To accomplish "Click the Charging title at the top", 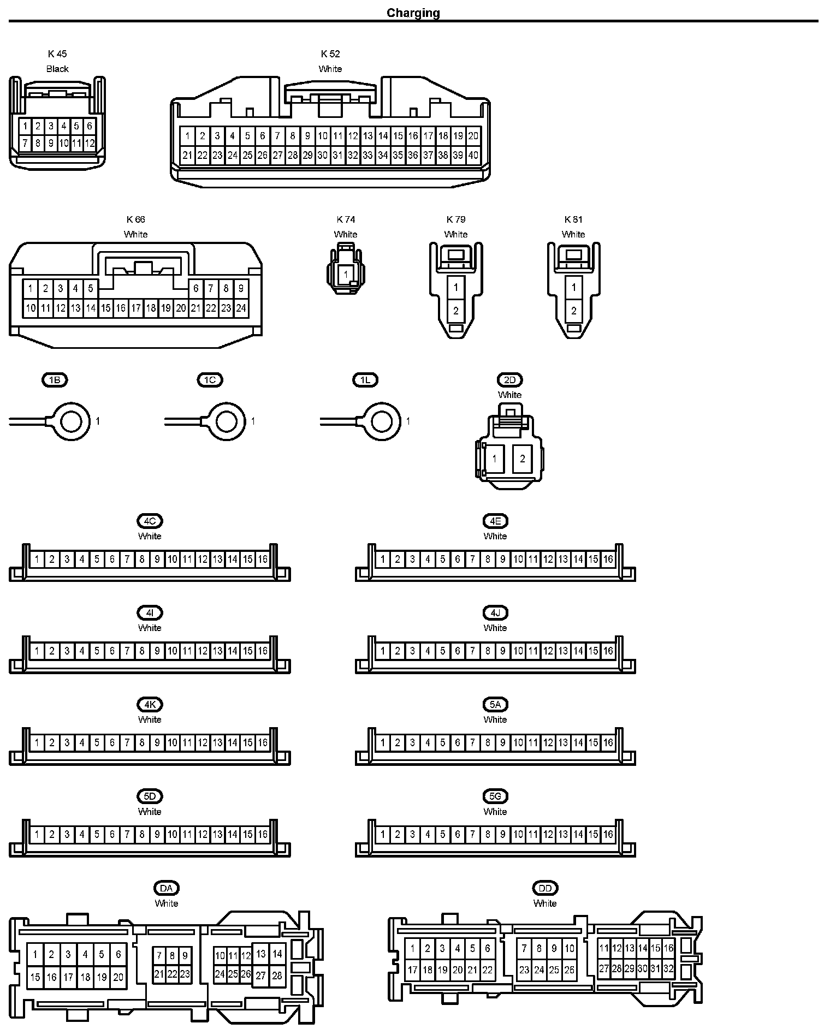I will [x=413, y=13].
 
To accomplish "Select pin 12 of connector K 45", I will [x=90, y=144].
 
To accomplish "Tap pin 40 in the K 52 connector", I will [x=473, y=155].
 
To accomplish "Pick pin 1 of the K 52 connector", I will [x=187, y=136].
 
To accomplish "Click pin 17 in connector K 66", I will [x=136, y=308].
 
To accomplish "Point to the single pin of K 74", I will [x=346, y=275].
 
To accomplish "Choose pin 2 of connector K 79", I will [x=456, y=311].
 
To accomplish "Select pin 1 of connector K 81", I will [x=573, y=287].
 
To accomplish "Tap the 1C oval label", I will [x=210, y=380].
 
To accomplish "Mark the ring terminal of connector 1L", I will [x=382, y=421].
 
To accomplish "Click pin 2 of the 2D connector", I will [x=523, y=459].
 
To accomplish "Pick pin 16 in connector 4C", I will [x=263, y=559].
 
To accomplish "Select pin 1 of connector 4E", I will [x=383, y=559].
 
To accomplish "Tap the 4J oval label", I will [x=495, y=613].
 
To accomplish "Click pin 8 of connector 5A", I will [x=488, y=742].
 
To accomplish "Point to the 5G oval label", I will [x=495, y=796].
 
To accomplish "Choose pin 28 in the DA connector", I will [x=277, y=975].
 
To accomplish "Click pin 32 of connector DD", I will [x=668, y=969].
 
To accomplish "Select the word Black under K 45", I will [x=57, y=69].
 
